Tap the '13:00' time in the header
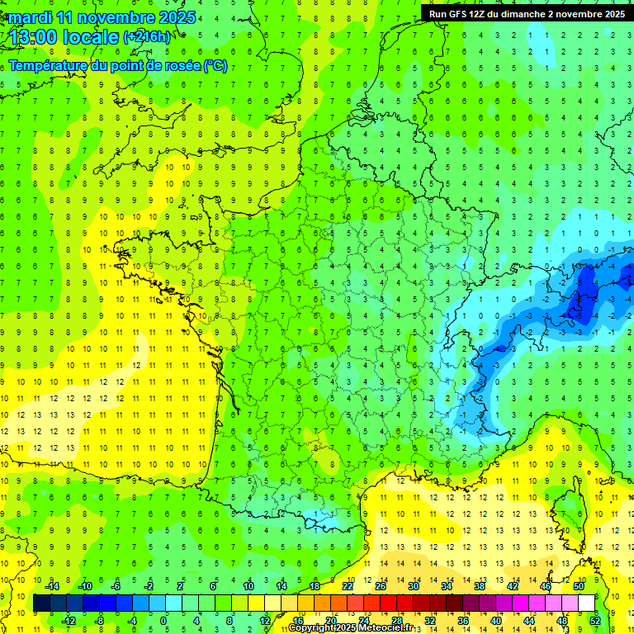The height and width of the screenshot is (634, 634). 32,36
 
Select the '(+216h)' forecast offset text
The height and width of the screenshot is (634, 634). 146,36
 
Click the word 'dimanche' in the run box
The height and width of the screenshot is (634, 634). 519,14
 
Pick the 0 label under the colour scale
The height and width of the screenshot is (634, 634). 163,621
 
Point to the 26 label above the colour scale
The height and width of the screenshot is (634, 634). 381,586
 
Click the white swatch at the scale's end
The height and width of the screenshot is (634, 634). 586,603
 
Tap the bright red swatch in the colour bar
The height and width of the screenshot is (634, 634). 388,603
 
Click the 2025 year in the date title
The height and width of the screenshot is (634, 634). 177,17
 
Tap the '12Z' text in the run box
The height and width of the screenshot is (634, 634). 478,14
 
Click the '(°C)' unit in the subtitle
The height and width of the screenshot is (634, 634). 215,66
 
